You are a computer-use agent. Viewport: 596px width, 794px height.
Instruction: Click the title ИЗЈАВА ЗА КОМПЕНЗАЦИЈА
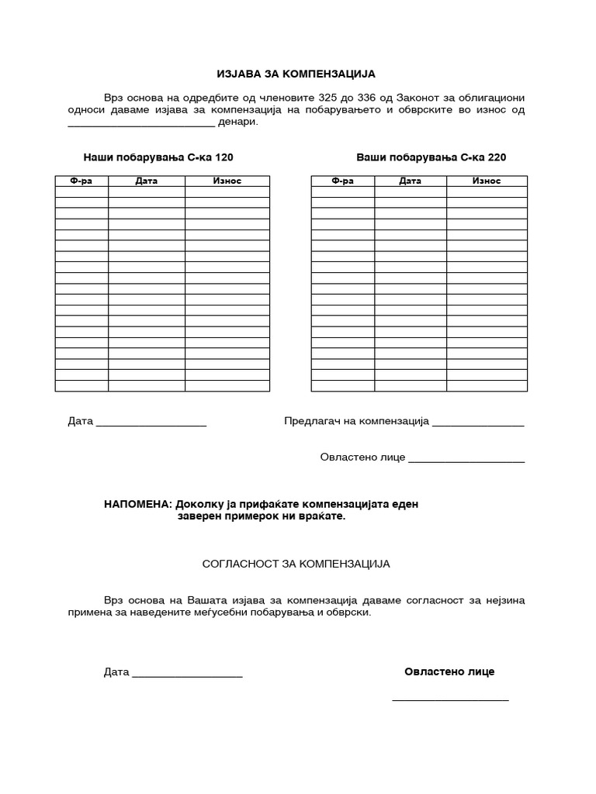tap(296, 74)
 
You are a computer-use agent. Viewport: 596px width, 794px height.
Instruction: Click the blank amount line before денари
tap(141, 124)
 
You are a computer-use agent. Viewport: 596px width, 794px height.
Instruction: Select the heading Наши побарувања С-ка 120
tap(158, 157)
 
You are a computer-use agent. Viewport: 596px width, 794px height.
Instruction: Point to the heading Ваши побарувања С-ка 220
tap(431, 157)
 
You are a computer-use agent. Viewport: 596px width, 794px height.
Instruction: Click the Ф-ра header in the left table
tap(81, 181)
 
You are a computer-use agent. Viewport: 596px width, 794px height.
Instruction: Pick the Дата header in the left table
tap(146, 181)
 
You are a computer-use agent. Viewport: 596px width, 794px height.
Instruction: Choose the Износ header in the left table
tap(227, 181)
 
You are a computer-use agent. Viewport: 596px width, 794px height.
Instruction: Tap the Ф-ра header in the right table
tap(342, 181)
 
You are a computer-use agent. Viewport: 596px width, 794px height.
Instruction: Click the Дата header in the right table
tap(411, 181)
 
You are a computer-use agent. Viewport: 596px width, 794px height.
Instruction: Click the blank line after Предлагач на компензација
tap(478, 424)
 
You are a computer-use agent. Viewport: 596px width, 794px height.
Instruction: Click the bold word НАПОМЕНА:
tap(138, 504)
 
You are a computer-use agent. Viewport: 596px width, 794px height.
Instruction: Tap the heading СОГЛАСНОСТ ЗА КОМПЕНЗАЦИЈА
tap(296, 564)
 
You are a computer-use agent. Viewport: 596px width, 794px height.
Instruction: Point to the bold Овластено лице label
tap(449, 671)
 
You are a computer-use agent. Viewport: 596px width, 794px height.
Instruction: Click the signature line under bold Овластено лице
tap(450, 700)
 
